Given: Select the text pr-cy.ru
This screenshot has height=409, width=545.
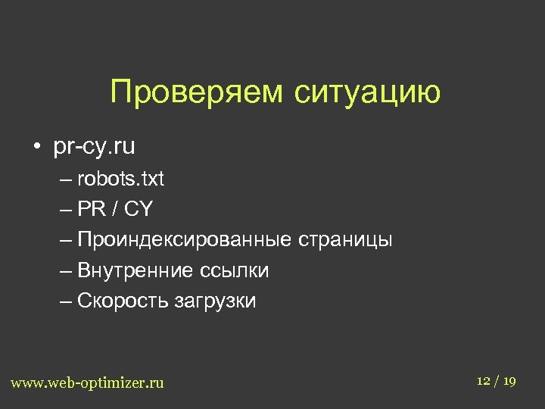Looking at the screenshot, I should (94, 147).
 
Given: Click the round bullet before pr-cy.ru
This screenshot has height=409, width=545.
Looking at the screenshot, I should (36, 147).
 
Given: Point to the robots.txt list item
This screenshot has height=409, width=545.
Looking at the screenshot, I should (120, 180).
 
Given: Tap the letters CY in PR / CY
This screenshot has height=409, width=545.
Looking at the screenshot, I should (139, 210).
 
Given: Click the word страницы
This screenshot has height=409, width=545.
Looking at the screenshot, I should (345, 240).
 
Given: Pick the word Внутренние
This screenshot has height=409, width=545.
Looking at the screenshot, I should (135, 270).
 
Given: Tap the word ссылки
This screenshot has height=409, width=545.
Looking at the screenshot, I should (235, 270).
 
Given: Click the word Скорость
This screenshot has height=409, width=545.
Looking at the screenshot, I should (123, 301).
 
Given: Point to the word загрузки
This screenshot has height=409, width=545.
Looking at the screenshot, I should (216, 301).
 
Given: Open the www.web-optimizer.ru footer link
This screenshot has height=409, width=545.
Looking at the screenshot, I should (87, 382).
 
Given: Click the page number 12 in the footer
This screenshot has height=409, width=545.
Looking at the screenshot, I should (484, 380).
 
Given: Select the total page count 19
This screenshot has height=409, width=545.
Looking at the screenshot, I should (509, 380).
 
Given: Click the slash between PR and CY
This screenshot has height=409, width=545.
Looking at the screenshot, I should (114, 210).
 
